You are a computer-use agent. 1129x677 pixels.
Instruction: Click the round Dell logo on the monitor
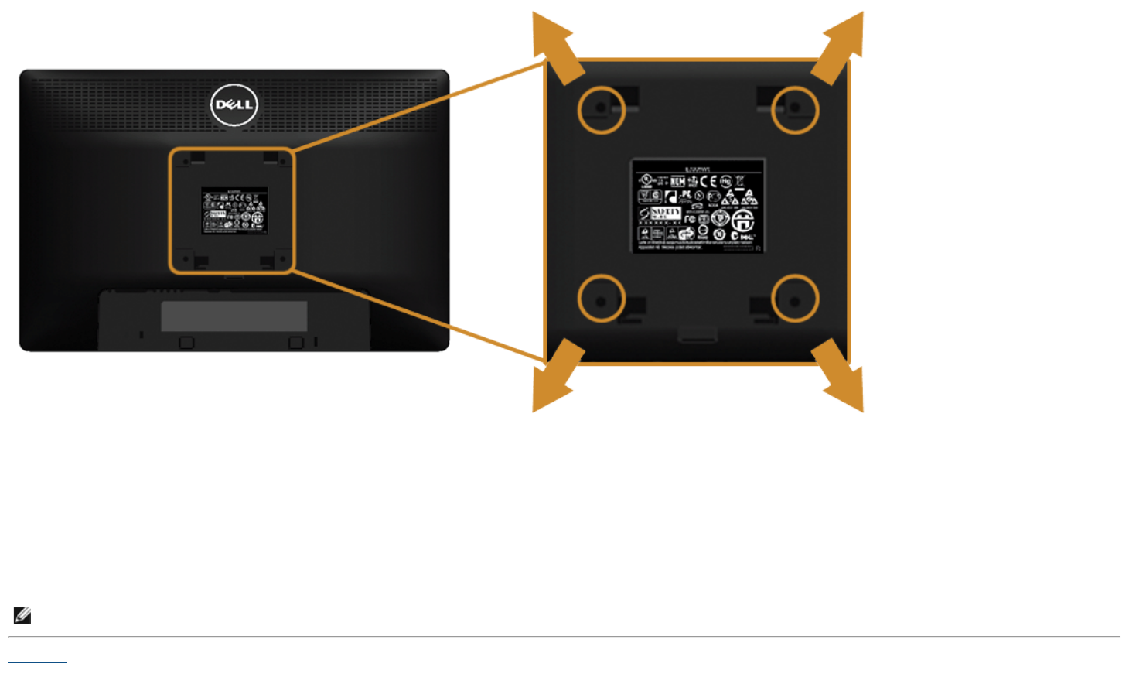pyautogui.click(x=234, y=105)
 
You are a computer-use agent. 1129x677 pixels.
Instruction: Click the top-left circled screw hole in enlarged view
pyautogui.click(x=601, y=110)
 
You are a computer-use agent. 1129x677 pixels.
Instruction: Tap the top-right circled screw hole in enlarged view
pyautogui.click(x=795, y=110)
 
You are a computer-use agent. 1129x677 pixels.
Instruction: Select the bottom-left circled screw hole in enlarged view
pyautogui.click(x=601, y=298)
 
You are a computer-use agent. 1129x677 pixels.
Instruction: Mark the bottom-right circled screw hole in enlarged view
pyautogui.click(x=795, y=298)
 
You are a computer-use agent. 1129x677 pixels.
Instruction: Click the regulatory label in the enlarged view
pyautogui.click(x=698, y=207)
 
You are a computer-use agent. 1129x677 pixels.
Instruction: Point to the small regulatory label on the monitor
pyautogui.click(x=234, y=210)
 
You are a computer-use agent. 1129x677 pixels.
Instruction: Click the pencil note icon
pyautogui.click(x=22, y=615)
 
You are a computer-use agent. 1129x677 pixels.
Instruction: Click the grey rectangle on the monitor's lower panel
pyautogui.click(x=234, y=316)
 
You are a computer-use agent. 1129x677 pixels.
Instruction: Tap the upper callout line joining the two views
pyautogui.click(x=418, y=106)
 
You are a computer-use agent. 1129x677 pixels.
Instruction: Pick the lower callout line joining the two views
pyautogui.click(x=418, y=315)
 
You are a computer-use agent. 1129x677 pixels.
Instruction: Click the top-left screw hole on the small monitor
pyautogui.click(x=186, y=162)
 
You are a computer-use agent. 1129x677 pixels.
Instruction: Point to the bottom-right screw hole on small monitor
pyautogui.click(x=282, y=258)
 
